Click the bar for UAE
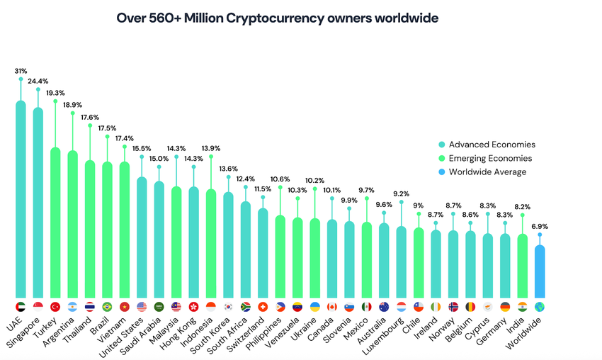click(x=21, y=198)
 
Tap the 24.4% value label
click(x=38, y=81)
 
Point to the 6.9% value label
click(x=540, y=227)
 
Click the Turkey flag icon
click(x=55, y=307)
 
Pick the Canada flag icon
click(x=332, y=307)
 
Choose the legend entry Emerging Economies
click(x=490, y=159)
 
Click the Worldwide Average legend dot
click(x=441, y=172)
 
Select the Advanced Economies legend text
click(x=492, y=145)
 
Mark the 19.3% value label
click(x=55, y=93)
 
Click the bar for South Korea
click(x=228, y=244)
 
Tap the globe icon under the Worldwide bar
click(x=540, y=307)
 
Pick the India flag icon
click(x=523, y=307)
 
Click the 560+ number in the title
click(x=159, y=17)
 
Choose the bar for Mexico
click(x=367, y=259)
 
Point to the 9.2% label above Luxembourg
click(x=401, y=193)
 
